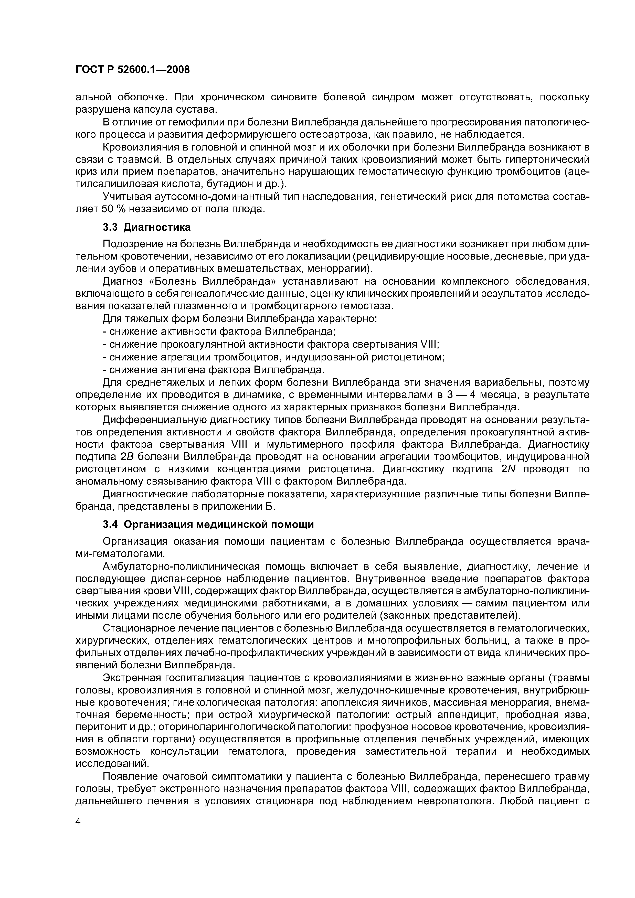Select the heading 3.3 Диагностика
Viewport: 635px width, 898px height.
tap(147, 227)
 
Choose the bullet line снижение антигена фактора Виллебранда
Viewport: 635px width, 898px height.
tap(213, 370)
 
